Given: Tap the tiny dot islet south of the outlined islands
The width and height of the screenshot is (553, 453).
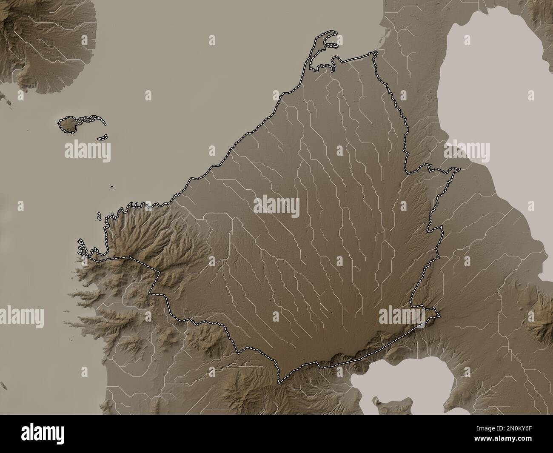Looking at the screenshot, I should tap(112, 186).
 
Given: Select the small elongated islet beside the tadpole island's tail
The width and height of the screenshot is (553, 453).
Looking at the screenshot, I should tap(102, 138).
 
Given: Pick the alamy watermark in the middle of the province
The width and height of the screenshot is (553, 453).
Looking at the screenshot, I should tap(276, 207).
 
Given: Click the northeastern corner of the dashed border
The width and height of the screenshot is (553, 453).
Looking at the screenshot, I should tap(376, 52).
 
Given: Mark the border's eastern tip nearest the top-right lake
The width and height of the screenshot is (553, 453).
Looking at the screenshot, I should tap(459, 169).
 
